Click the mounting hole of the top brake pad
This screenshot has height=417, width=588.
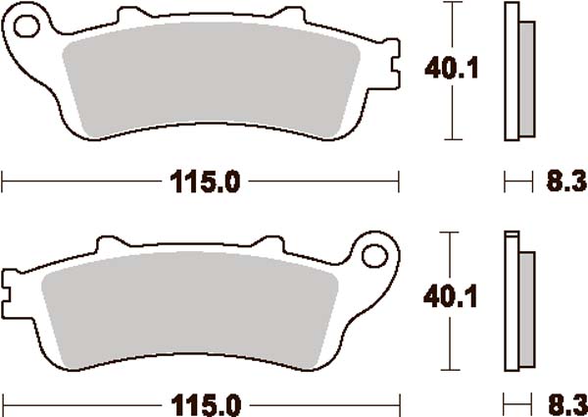pos(26,22)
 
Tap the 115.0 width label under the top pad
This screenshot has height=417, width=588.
pos(203,181)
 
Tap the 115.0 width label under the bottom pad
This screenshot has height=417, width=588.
pos(203,403)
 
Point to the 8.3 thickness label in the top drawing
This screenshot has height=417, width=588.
pos(561,181)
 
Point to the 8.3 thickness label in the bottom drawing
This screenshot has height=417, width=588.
pos(561,403)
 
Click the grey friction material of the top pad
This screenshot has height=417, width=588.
pos(206,78)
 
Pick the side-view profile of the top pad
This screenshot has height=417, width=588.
pos(516,71)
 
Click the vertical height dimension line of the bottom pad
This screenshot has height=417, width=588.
pos(452,343)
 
